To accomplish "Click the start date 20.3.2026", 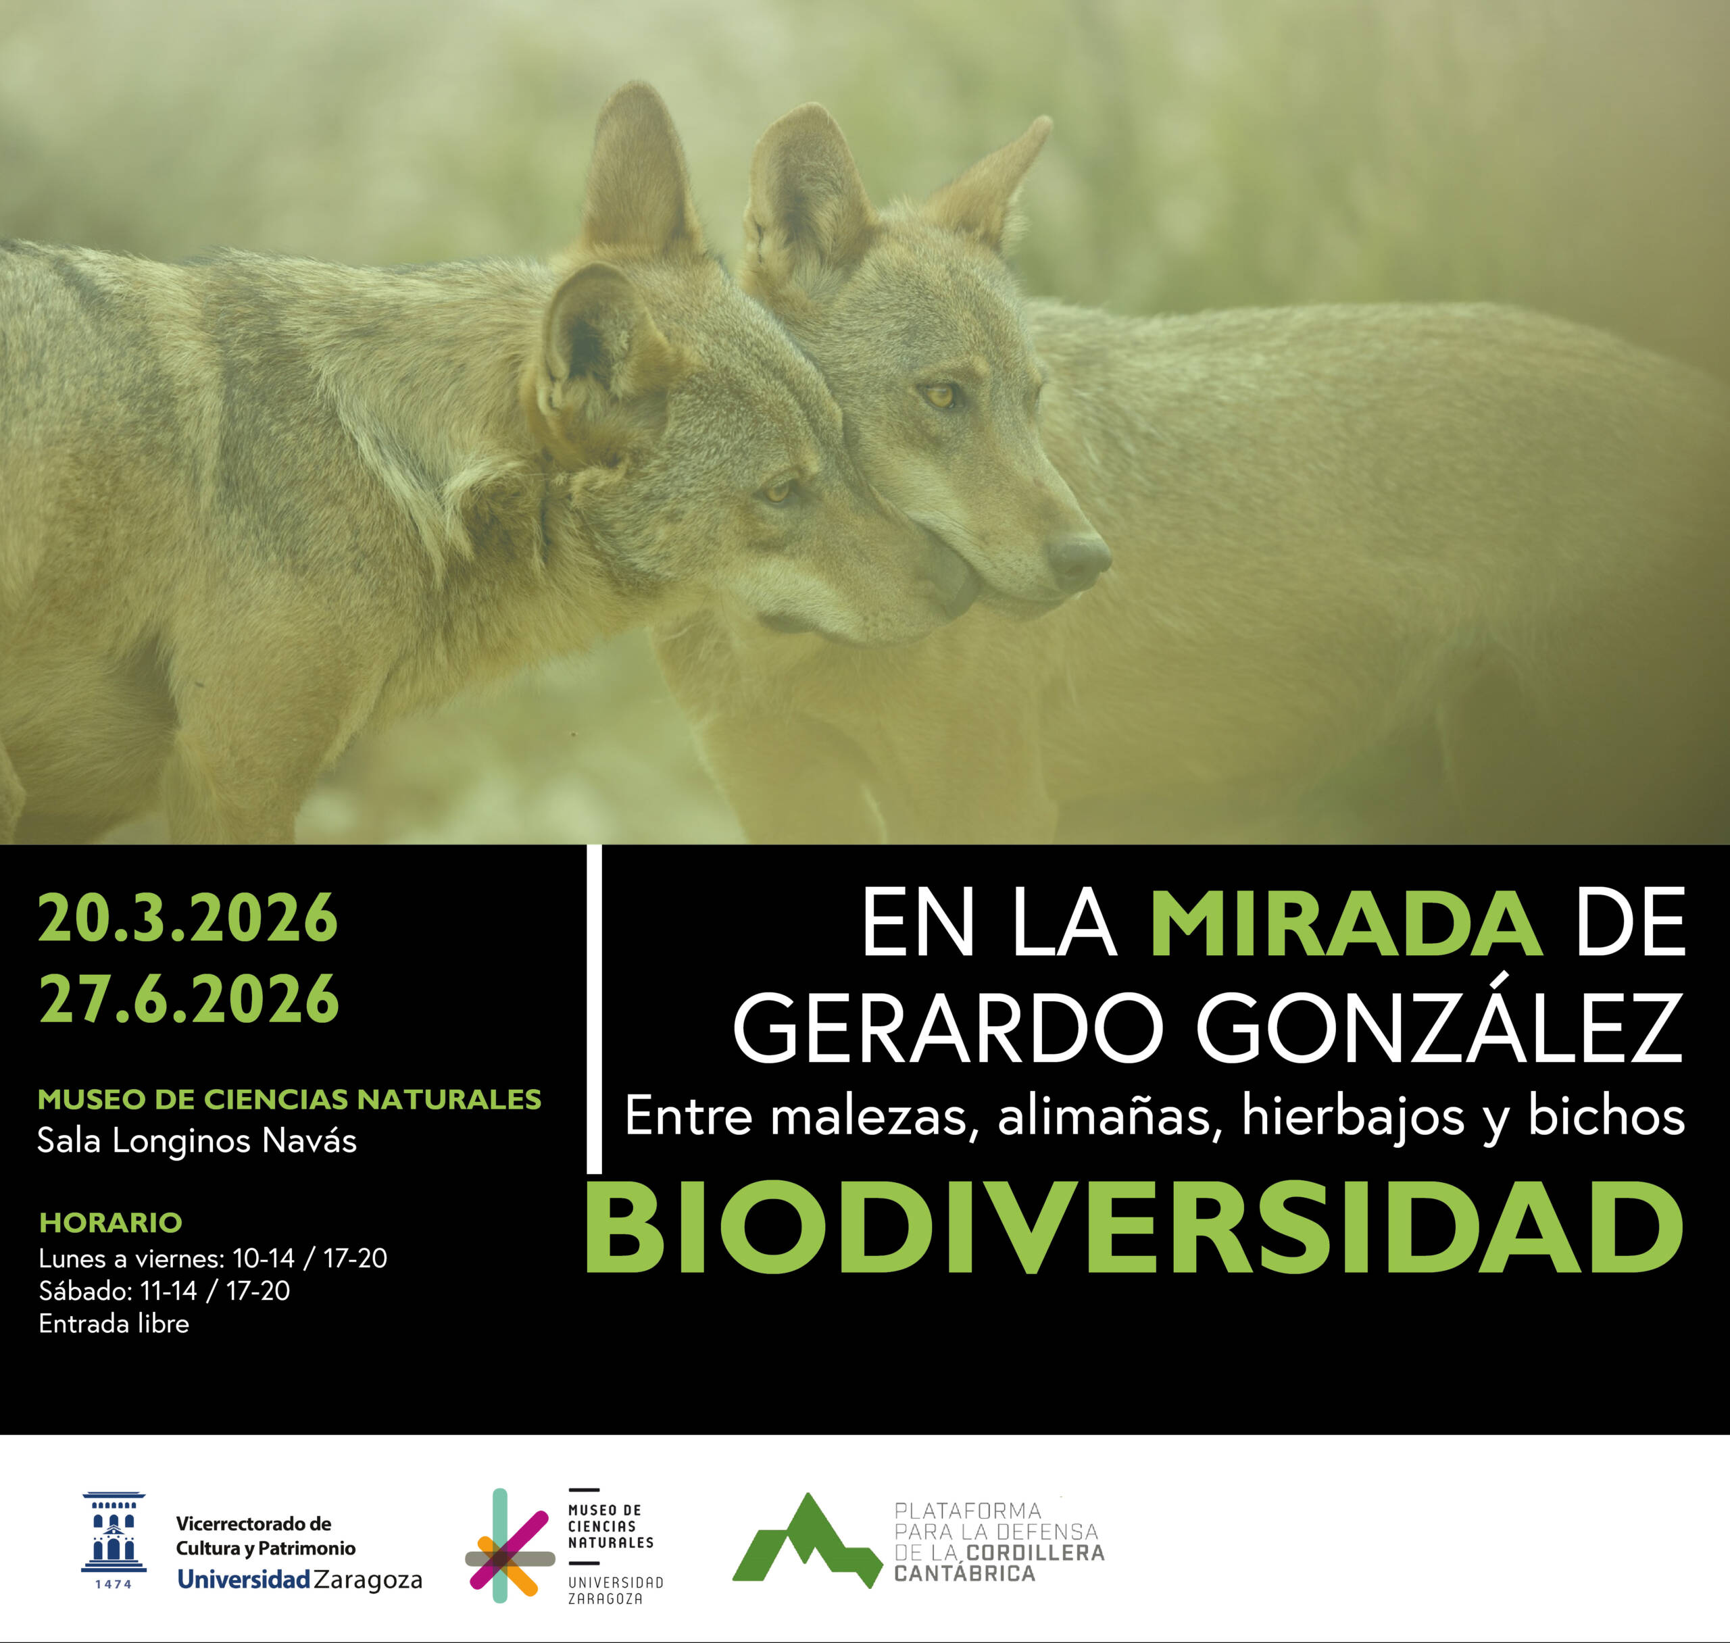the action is [187, 918].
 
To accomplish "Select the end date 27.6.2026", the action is [189, 999].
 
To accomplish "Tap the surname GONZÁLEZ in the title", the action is [1439, 1028].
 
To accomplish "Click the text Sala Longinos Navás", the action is [197, 1141].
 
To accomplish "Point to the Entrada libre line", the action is [114, 1323].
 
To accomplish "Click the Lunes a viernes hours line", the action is [213, 1259].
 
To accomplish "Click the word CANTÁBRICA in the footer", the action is [964, 1574].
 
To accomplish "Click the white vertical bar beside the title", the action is [594, 1009].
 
